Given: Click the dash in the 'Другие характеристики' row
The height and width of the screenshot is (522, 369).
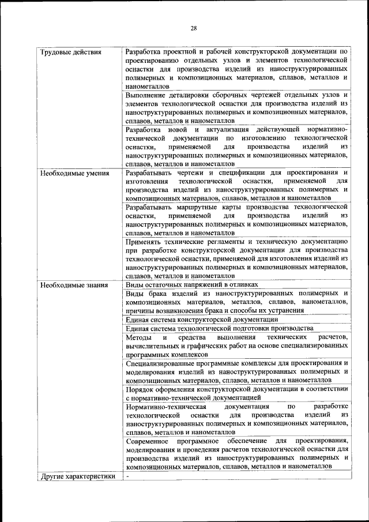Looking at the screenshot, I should (128, 476).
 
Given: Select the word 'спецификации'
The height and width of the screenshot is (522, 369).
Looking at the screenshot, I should (239, 172).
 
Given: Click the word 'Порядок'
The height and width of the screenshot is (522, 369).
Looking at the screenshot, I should (140, 388).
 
